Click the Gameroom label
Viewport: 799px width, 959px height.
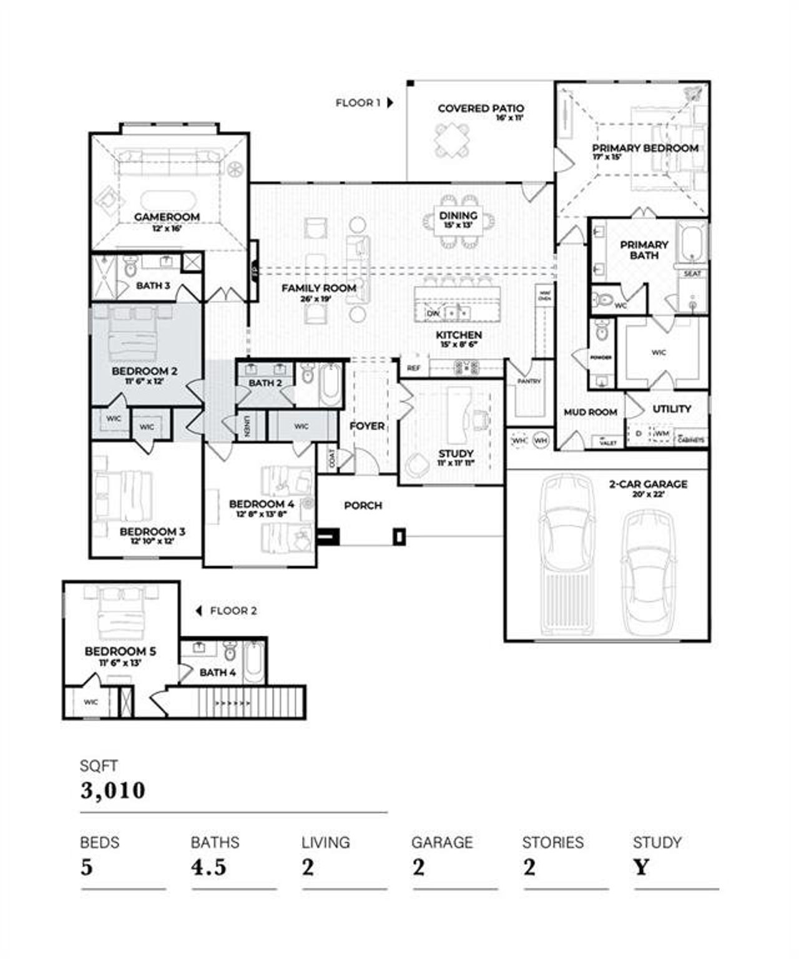(x=167, y=217)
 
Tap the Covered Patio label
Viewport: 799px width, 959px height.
(x=481, y=109)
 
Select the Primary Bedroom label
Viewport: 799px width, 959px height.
(x=645, y=149)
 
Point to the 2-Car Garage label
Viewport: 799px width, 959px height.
(x=648, y=484)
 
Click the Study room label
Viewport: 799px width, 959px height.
(x=456, y=454)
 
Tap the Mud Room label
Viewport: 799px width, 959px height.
(x=590, y=413)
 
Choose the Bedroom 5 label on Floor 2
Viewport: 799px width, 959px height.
(x=120, y=652)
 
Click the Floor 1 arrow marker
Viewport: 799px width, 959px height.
(x=390, y=103)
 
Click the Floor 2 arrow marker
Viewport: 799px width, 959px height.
(x=199, y=611)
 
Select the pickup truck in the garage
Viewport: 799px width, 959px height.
(x=567, y=556)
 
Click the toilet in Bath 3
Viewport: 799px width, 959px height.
(x=130, y=268)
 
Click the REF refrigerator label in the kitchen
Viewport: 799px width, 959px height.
(x=413, y=368)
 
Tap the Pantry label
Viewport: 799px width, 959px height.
(x=529, y=381)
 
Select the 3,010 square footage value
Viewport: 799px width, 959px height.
(x=113, y=790)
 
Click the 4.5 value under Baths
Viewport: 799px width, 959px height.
(x=208, y=867)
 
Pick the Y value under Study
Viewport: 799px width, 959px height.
(x=641, y=867)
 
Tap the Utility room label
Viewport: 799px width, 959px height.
(x=672, y=409)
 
